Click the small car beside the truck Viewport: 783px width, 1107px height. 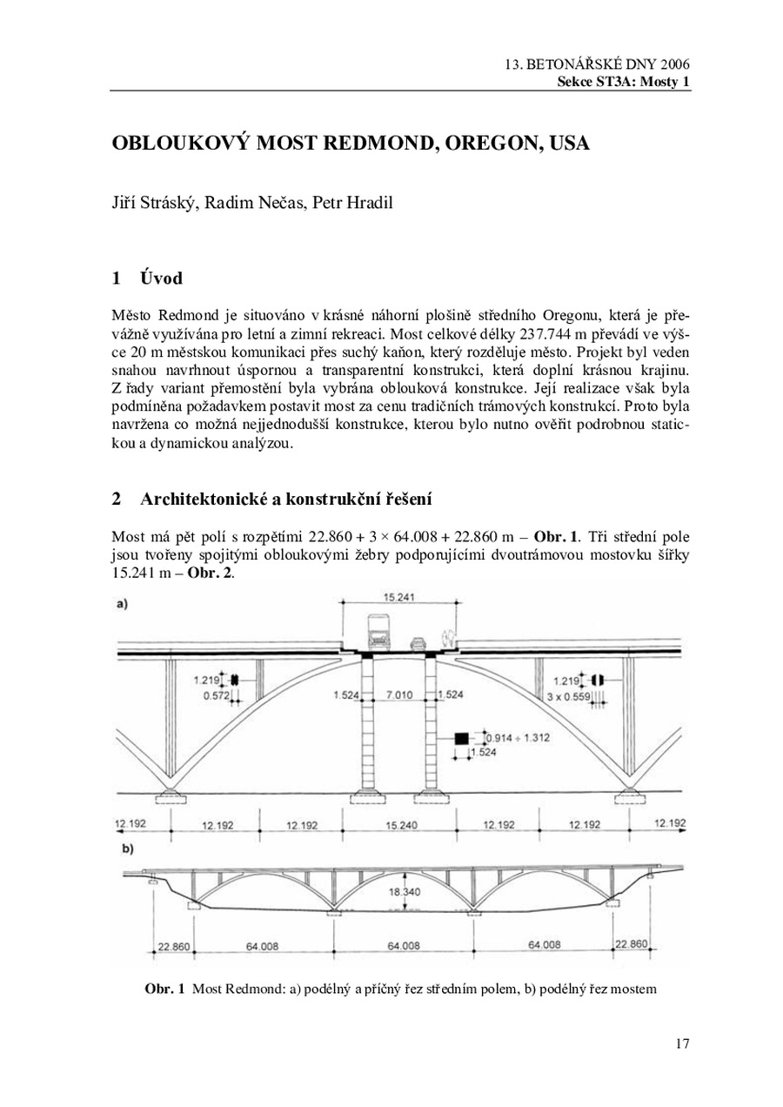[x=418, y=643]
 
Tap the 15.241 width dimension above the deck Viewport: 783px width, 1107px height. [x=399, y=597]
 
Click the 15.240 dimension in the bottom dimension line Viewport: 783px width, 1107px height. [x=401, y=825]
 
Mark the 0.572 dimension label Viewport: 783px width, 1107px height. [x=205, y=695]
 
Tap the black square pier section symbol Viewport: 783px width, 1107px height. [x=461, y=738]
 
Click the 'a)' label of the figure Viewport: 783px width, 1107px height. [x=121, y=604]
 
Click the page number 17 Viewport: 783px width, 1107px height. [x=682, y=1044]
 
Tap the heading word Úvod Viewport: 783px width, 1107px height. [x=161, y=278]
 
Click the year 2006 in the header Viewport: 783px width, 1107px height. [x=674, y=65]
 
